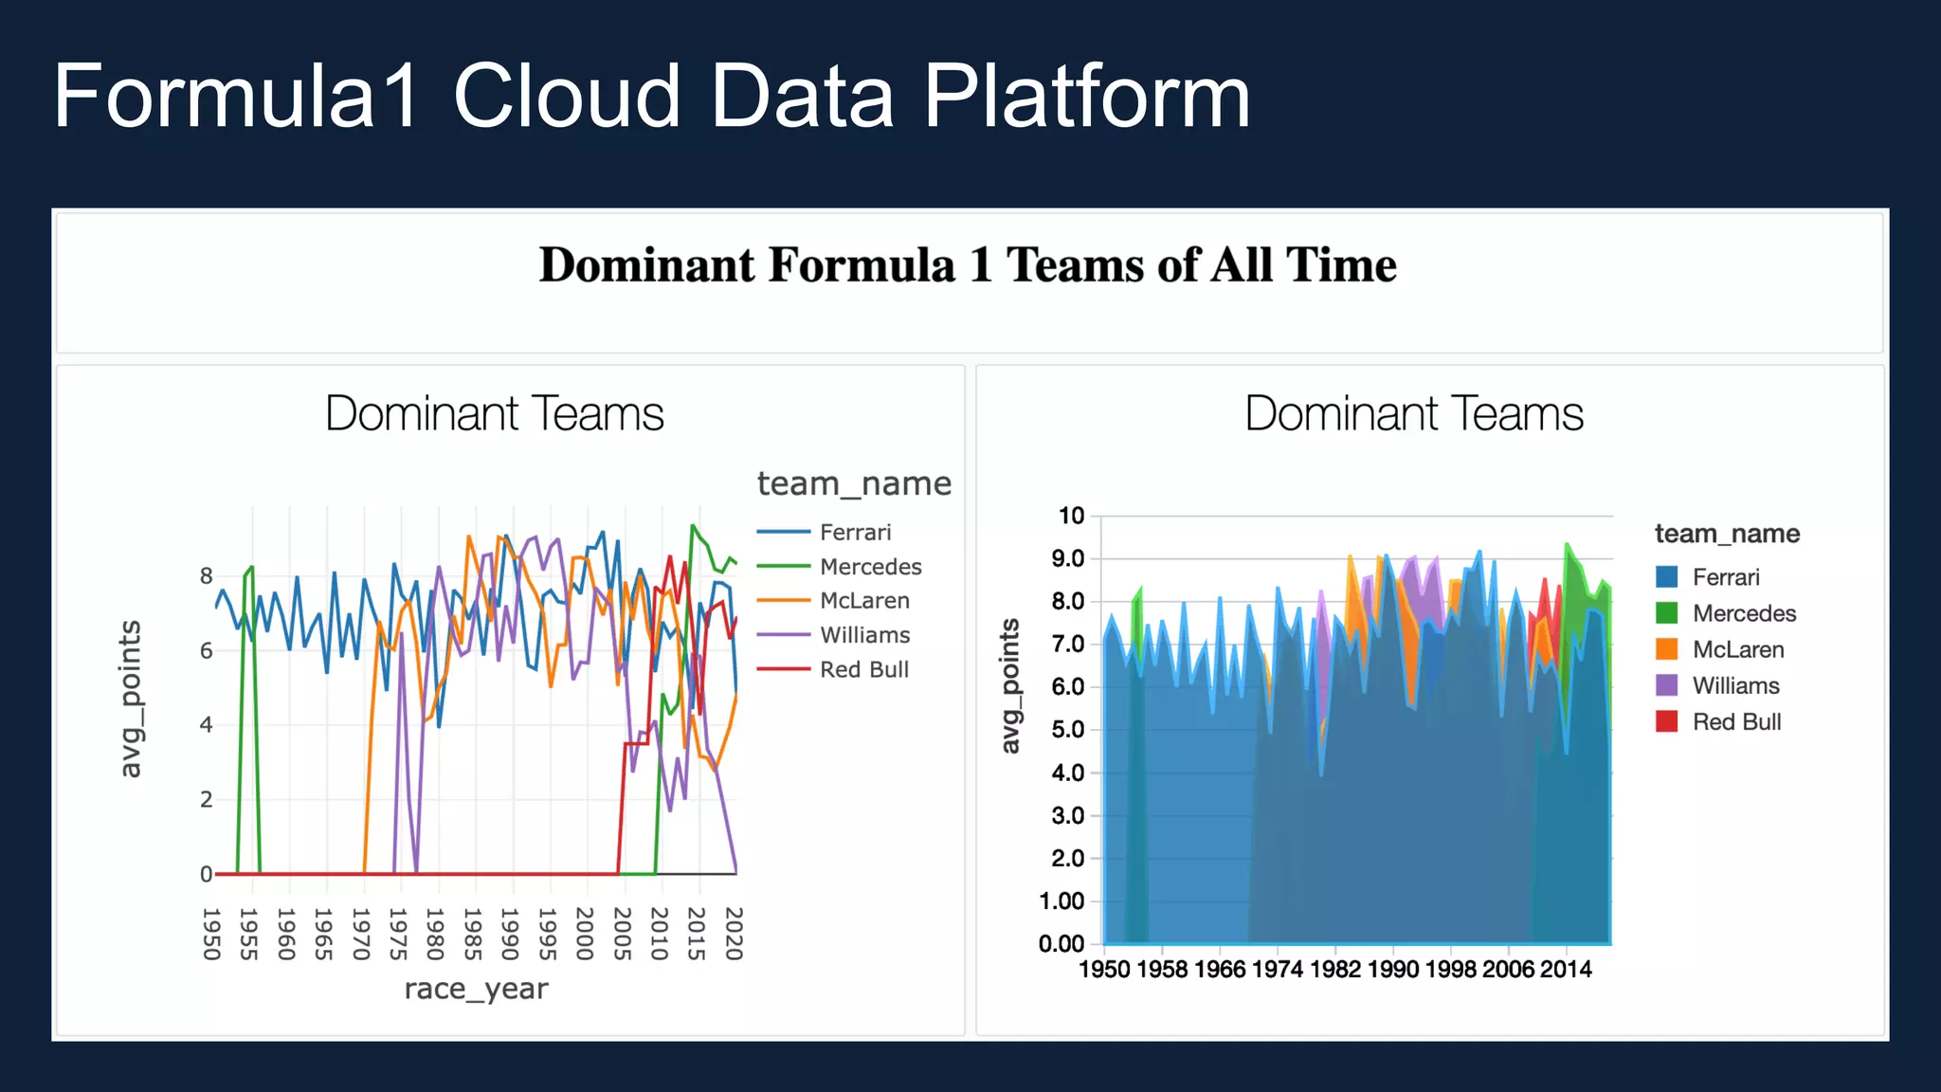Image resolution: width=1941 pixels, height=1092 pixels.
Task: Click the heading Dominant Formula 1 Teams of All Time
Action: coord(968,264)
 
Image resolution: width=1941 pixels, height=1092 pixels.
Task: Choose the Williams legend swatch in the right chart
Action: coord(1667,685)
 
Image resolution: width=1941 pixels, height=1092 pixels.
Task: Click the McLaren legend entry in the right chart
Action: coord(1737,650)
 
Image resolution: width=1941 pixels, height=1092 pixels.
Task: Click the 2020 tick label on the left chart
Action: coord(734,934)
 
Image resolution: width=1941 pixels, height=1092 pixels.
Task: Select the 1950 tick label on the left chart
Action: coord(212,934)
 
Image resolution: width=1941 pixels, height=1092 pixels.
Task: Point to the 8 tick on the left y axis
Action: coord(206,576)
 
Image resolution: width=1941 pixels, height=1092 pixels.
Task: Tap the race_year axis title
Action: coord(476,989)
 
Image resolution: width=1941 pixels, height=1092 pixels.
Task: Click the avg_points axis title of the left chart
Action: coord(130,700)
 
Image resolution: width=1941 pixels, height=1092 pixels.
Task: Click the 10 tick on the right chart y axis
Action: coord(1071,517)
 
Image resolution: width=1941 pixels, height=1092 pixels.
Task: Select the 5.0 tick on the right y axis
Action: coord(1068,730)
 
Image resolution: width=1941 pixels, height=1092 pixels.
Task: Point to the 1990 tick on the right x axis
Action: coord(1393,969)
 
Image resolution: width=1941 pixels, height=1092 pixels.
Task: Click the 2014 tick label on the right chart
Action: coord(1566,969)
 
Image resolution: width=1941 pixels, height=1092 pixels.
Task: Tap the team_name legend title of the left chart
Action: coord(854,484)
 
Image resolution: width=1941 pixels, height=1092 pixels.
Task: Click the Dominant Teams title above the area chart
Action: coord(1413,414)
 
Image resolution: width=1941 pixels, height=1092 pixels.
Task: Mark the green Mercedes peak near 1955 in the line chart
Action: coord(251,567)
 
